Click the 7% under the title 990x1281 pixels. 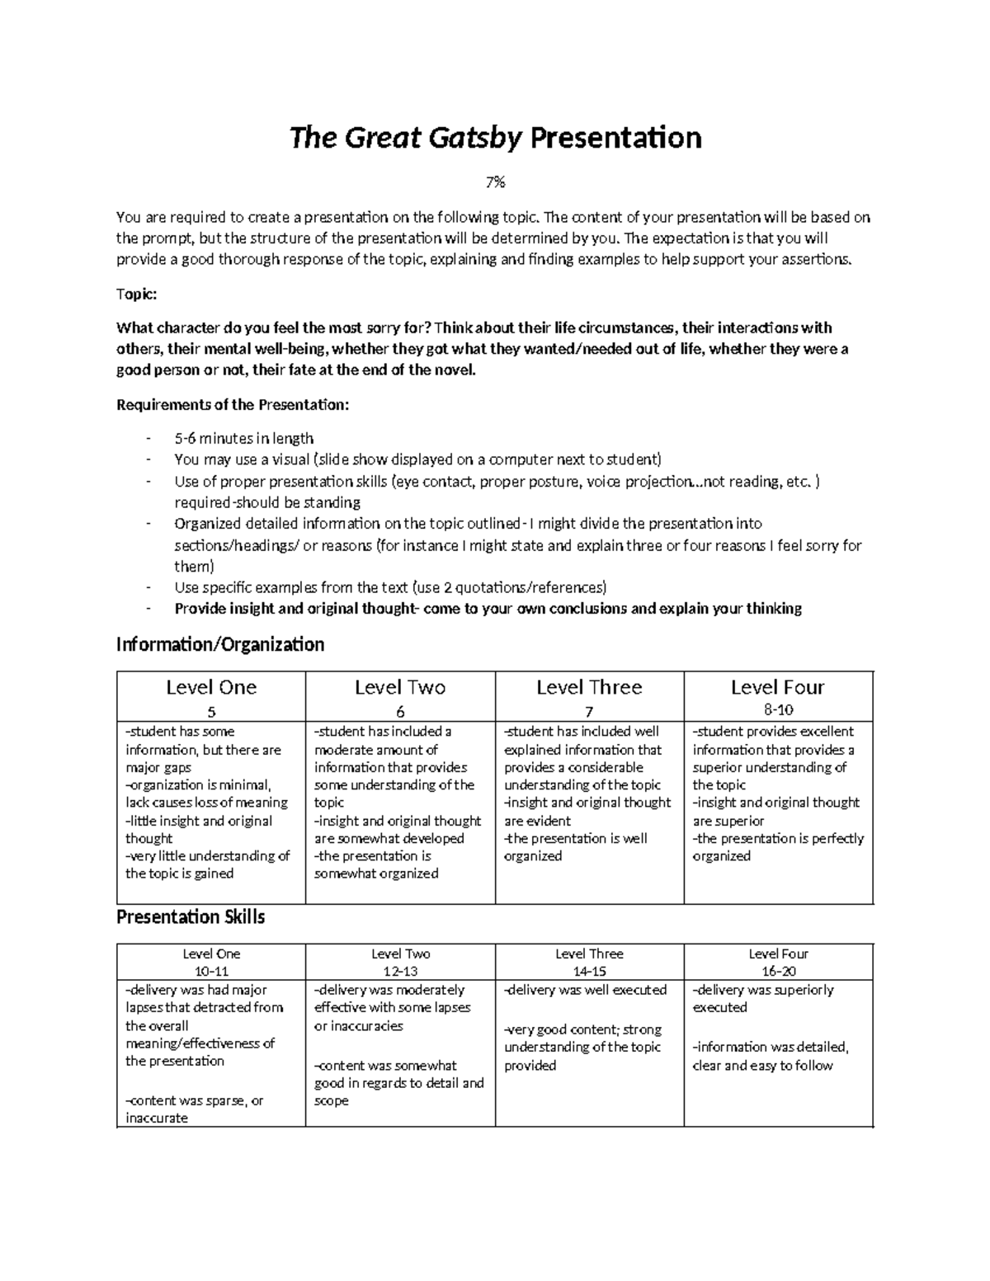click(495, 183)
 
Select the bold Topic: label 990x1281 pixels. click(137, 294)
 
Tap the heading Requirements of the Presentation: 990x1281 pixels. click(233, 405)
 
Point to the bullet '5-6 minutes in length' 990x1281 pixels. click(243, 438)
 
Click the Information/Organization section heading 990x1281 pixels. click(220, 644)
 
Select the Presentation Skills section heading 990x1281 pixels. click(191, 916)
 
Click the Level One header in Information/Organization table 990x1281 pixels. click(211, 687)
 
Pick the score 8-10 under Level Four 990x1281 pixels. click(778, 709)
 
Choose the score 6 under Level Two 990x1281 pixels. click(400, 712)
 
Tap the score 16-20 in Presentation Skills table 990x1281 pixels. click(778, 971)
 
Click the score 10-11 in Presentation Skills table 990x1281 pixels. click(211, 971)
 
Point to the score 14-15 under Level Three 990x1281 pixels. click(589, 971)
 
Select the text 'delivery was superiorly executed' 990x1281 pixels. click(764, 998)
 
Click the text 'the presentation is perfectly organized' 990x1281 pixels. click(778, 847)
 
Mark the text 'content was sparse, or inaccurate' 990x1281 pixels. click(195, 1109)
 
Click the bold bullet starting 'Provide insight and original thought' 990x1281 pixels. click(488, 609)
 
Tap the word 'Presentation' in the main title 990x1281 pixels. click(615, 139)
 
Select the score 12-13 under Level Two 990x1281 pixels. click(400, 971)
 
